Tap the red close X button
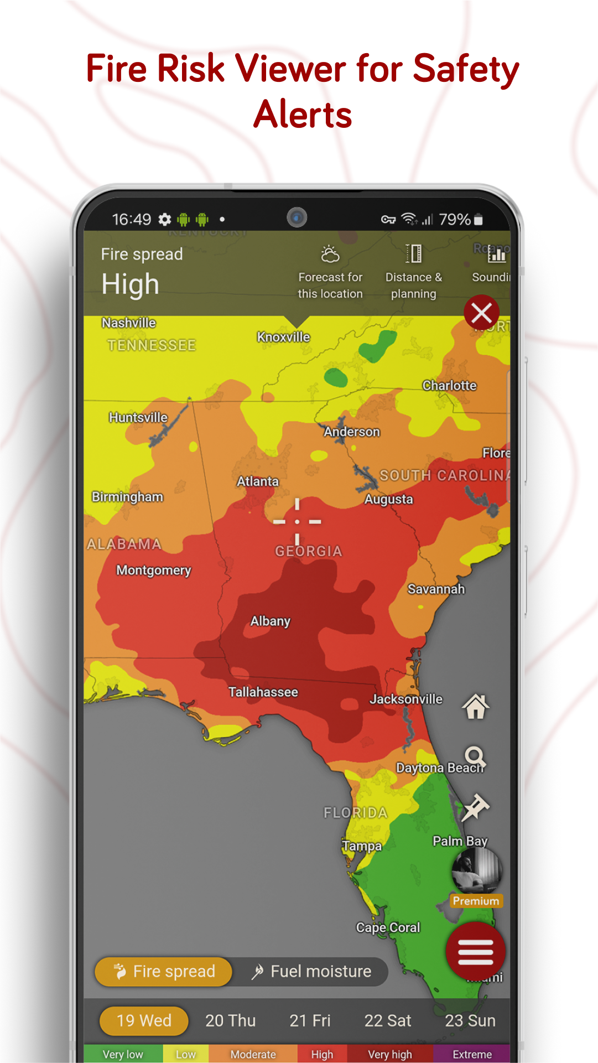[481, 313]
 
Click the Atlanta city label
[258, 481]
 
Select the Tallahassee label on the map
[263, 692]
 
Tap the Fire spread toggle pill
[164, 972]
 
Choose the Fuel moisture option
[311, 972]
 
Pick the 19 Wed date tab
[144, 1020]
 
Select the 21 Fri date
[310, 1020]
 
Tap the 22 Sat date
[387, 1020]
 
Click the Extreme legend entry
[472, 1054]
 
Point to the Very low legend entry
[123, 1054]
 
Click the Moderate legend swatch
[253, 1054]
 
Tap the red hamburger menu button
[475, 952]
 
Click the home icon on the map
[476, 707]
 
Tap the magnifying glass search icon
[475, 756]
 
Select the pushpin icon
[475, 807]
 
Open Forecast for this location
[330, 272]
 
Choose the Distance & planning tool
[413, 272]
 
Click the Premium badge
[476, 901]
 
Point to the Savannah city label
[436, 589]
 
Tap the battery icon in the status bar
[479, 220]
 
